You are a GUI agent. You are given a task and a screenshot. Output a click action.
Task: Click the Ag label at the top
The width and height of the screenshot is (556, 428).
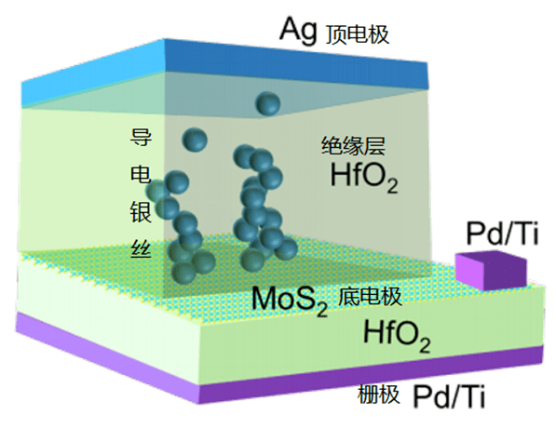pyautogui.click(x=298, y=32)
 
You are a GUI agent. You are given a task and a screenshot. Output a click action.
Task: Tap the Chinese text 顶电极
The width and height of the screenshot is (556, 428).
pyautogui.click(x=358, y=34)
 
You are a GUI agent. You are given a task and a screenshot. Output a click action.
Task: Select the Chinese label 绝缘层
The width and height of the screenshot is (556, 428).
pyautogui.click(x=353, y=146)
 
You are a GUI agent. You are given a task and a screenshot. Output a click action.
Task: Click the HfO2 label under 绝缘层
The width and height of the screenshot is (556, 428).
pyautogui.click(x=364, y=177)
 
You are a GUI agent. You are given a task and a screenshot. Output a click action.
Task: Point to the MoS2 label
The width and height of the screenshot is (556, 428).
pyautogui.click(x=290, y=300)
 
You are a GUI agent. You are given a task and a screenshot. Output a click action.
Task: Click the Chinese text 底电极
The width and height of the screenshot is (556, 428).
pyautogui.click(x=370, y=296)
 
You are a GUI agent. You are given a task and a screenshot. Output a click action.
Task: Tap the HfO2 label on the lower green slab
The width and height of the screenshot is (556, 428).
pyautogui.click(x=397, y=335)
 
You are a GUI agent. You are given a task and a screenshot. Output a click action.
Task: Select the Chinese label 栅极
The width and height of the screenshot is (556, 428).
pyautogui.click(x=378, y=394)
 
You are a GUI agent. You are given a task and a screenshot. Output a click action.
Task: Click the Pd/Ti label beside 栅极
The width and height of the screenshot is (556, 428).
pyautogui.click(x=449, y=396)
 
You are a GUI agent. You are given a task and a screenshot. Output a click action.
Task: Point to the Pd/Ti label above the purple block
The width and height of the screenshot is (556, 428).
pyautogui.click(x=502, y=234)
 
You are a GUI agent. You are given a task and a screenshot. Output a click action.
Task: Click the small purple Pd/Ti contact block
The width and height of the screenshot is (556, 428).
pyautogui.click(x=491, y=270)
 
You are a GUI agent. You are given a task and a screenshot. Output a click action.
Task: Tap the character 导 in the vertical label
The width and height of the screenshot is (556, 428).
pyautogui.click(x=142, y=138)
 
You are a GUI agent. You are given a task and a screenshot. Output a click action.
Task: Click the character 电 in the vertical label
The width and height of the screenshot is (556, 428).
pyautogui.click(x=142, y=174)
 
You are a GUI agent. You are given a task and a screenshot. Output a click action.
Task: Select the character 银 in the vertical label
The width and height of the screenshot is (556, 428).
pyautogui.click(x=142, y=211)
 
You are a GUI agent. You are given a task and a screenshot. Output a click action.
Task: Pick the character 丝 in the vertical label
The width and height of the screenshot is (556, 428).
pyautogui.click(x=142, y=248)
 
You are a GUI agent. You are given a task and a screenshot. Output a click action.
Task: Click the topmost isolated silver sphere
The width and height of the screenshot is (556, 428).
pyautogui.click(x=268, y=103)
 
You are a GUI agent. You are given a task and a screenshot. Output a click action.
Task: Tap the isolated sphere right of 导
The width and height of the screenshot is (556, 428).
pyautogui.click(x=195, y=140)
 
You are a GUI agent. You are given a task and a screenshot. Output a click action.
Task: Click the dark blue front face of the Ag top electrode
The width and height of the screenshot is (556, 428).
pyautogui.click(x=296, y=64)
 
